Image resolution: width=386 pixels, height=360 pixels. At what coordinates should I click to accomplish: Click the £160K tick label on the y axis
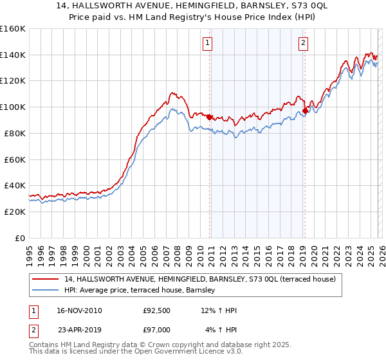(12, 29)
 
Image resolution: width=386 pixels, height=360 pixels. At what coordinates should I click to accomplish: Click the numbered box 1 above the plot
(208, 43)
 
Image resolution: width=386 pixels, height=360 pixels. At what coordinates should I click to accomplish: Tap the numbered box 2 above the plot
(302, 43)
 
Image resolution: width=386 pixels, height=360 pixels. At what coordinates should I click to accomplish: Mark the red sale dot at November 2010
(210, 117)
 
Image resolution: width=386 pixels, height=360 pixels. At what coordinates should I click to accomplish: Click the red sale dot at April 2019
(305, 111)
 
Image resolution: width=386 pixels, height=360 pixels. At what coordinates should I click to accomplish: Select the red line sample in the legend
(46, 280)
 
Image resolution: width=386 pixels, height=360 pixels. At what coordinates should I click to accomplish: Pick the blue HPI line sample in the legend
(46, 291)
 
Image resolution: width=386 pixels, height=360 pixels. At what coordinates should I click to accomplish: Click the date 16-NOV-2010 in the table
(80, 311)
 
